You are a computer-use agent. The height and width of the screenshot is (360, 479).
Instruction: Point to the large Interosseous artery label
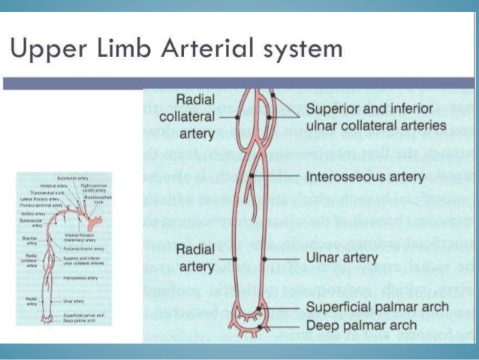tap(366, 178)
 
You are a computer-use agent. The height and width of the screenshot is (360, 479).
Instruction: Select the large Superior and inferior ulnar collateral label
tap(376, 117)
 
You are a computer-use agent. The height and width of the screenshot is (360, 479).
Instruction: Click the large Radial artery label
tap(194, 257)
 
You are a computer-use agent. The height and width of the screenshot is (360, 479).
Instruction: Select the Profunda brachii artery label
tap(83, 249)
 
